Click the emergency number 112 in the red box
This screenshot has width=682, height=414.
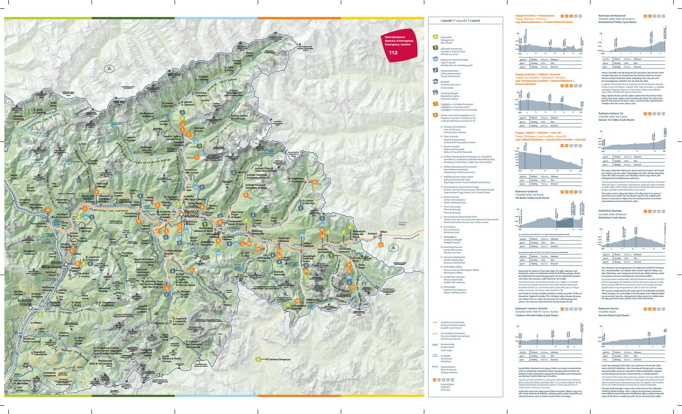coord(394,53)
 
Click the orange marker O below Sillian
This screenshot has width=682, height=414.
coord(380,245)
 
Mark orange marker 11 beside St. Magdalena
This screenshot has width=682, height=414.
coord(314,182)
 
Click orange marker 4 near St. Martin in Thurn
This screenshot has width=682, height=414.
coord(167,288)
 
